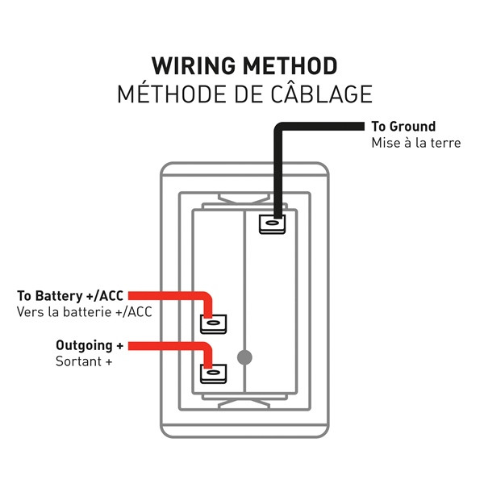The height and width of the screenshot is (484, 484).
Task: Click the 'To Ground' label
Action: coord(403,127)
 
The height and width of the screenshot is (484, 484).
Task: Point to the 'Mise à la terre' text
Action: coord(415,143)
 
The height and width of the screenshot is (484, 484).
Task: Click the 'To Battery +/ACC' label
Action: coord(71,295)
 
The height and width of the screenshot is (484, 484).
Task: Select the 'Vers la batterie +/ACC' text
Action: coord(84,311)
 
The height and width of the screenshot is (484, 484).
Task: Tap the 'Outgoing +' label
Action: coord(89,345)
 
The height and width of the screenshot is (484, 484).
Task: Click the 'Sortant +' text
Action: coord(83,361)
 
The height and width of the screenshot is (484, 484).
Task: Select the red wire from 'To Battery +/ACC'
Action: coord(169,296)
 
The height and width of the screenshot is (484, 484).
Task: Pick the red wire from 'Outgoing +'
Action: coord(169,346)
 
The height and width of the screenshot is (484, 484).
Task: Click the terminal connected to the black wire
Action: coord(272,223)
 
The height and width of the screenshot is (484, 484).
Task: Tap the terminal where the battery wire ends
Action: coord(213,323)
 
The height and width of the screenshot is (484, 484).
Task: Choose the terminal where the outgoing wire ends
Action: coord(213,373)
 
